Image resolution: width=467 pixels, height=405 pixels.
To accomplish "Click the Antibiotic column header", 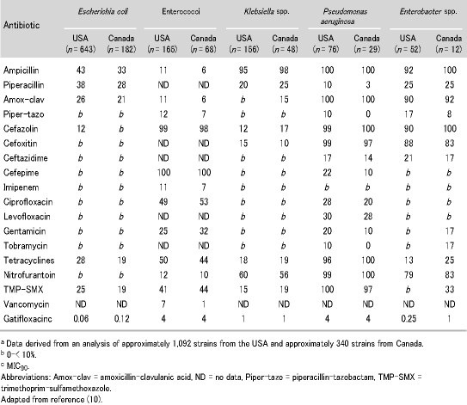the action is tap(22, 25).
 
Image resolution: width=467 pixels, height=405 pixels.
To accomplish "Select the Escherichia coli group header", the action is tap(102, 12).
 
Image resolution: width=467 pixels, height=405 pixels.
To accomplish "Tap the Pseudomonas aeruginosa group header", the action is tap(345, 16).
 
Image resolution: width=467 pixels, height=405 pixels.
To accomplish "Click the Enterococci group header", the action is tap(181, 12).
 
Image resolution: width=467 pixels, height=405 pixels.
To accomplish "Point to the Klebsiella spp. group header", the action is tap(267, 12).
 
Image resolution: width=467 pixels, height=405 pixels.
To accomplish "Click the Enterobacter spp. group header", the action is tap(428, 12).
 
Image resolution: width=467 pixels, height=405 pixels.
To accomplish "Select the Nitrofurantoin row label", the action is tap(29, 275).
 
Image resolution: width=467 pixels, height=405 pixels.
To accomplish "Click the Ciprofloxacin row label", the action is tap(28, 202).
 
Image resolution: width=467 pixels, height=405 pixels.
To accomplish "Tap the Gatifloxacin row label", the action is tap(28, 319).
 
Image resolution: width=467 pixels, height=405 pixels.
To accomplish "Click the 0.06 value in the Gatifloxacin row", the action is tap(81, 319).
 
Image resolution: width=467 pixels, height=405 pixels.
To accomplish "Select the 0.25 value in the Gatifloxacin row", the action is tap(409, 319).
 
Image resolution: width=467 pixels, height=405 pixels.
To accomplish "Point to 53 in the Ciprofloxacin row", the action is tap(204, 202).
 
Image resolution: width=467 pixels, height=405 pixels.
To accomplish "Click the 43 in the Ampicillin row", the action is tap(81, 71).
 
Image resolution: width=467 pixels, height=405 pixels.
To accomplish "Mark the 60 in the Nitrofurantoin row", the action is tap(243, 275).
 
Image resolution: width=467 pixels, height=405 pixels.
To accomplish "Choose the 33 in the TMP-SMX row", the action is tap(449, 290).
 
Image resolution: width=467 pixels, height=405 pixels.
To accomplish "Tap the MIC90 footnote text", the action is tap(17, 366).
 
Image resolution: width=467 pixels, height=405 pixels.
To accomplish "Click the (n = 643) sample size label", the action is tap(81, 49).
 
